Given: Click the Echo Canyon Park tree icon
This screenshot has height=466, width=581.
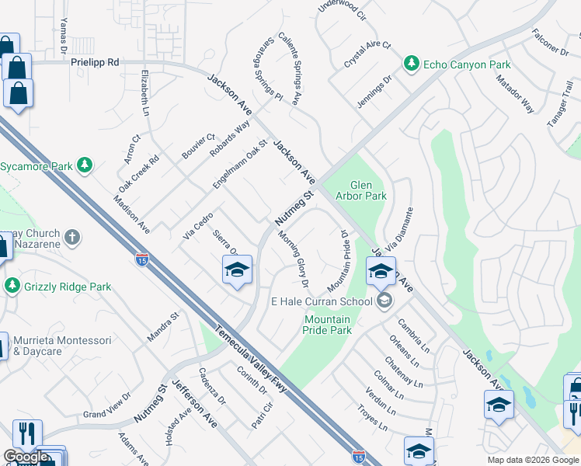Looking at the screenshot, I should (x=411, y=64).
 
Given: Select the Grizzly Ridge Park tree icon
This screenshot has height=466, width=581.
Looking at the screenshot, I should (x=12, y=287).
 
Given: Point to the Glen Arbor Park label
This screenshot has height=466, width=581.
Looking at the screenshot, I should (x=360, y=190).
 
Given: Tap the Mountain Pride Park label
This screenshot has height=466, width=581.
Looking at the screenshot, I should (x=327, y=325).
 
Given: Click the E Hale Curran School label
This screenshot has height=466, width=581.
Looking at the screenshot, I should (x=320, y=301).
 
